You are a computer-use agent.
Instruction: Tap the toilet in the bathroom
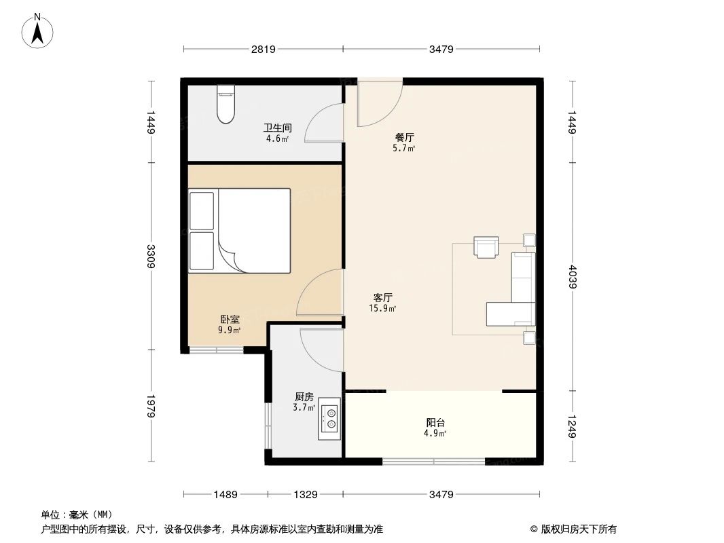[225, 105]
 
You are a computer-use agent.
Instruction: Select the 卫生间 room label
[277, 128]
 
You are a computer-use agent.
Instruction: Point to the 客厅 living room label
[382, 297]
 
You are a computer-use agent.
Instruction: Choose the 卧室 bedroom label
[229, 319]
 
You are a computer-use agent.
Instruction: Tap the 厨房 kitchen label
[304, 397]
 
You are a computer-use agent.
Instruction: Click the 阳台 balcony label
[435, 422]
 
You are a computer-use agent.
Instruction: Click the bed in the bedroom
[240, 231]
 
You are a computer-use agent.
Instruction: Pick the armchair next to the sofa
[486, 248]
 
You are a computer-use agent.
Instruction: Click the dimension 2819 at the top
[263, 49]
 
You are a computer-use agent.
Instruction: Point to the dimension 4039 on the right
[572, 276]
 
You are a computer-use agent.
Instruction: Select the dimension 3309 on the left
[151, 256]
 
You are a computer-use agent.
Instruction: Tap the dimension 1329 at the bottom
[306, 495]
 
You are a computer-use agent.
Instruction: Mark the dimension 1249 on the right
[572, 426]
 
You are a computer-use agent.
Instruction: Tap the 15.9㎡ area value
[382, 308]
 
